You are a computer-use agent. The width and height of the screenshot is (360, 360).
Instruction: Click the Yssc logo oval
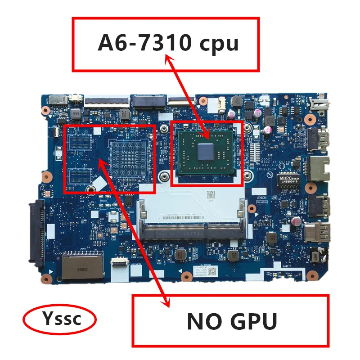click(x=59, y=319)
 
